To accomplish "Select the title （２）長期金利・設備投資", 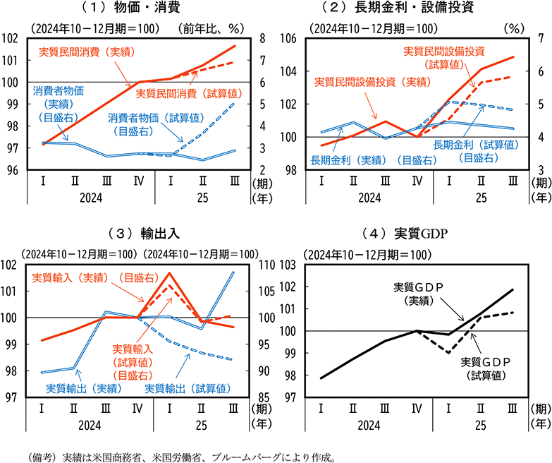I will tap(413, 8).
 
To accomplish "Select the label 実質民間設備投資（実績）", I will tap(372, 82).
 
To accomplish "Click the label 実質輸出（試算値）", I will tap(188, 387).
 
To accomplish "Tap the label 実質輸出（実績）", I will tap(83, 387).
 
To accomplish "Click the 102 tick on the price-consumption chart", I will tap(13, 39).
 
